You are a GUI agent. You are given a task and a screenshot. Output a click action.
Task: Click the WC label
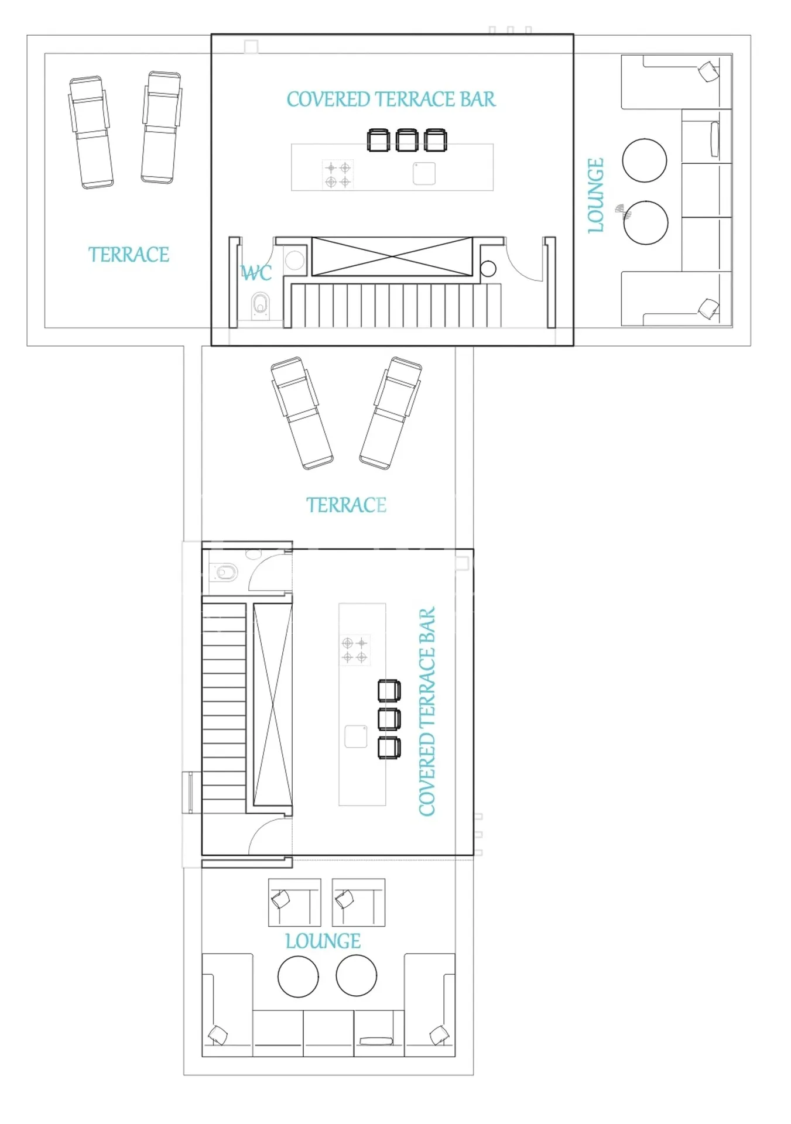[256, 273]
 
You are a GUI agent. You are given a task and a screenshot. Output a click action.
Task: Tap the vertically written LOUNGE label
[595, 196]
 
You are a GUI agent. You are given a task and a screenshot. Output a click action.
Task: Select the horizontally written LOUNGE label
[323, 941]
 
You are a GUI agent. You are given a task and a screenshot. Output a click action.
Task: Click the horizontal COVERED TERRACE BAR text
[391, 100]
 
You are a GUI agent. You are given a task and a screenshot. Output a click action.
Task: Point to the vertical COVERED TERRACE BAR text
[427, 711]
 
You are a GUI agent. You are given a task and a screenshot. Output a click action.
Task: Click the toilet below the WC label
[261, 306]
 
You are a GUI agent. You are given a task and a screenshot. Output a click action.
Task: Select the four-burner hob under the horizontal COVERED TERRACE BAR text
[338, 175]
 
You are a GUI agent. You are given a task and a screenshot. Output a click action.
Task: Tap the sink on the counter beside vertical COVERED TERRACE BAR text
[355, 736]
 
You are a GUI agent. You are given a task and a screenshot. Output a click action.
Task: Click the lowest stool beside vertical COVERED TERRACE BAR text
[389, 748]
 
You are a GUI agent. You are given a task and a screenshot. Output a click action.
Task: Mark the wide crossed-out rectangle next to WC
[392, 256]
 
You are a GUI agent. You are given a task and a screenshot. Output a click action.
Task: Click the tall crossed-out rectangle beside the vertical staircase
[272, 705]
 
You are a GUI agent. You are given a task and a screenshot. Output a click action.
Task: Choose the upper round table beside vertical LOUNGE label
[645, 160]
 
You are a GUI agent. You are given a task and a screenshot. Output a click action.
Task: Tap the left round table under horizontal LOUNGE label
[298, 976]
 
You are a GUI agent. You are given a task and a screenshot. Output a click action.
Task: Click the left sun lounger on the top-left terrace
[91, 133]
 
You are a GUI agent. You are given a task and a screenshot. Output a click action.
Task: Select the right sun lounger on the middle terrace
[391, 413]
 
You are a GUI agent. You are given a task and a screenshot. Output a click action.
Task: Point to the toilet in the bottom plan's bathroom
[224, 572]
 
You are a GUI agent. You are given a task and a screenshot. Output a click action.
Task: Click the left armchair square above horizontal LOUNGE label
[295, 903]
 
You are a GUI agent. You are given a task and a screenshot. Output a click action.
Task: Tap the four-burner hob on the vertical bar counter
[355, 650]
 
